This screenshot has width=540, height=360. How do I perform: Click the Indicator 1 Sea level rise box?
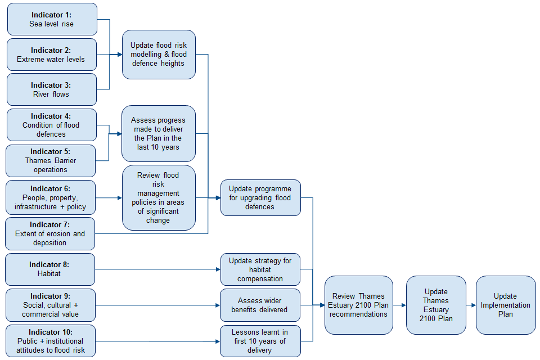click(52, 19)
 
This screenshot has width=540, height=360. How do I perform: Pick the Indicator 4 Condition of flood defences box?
click(51, 125)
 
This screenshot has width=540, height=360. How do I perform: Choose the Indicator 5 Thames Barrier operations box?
click(51, 160)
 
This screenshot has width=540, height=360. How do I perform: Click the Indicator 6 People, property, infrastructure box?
click(51, 197)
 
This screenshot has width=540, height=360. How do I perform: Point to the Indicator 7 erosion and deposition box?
click(50, 233)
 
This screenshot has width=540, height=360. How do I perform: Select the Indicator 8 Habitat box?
click(50, 269)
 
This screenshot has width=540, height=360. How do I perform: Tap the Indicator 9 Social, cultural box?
click(51, 305)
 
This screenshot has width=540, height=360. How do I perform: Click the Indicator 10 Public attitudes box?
click(51, 341)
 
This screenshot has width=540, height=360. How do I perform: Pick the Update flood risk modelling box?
click(159, 54)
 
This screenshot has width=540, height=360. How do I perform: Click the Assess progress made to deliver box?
click(159, 133)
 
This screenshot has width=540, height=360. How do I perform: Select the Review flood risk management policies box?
click(159, 197)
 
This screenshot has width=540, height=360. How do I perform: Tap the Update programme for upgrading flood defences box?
click(260, 197)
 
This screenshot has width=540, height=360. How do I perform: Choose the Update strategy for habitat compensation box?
click(260, 269)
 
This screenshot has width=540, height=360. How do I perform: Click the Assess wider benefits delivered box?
click(260, 305)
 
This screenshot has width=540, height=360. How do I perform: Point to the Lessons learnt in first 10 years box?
click(260, 341)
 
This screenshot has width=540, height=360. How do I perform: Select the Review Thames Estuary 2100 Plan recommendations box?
click(358, 305)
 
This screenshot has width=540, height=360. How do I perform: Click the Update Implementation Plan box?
click(506, 305)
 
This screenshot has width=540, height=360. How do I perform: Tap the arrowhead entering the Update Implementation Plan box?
click(473, 305)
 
